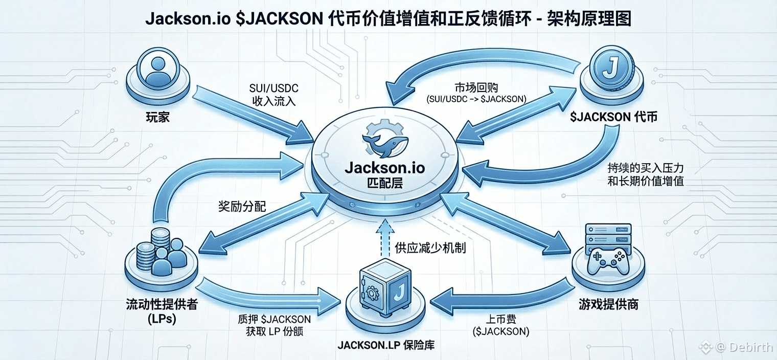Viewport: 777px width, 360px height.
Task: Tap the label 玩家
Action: coord(158,117)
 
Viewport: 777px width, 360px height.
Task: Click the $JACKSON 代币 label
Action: coord(613,117)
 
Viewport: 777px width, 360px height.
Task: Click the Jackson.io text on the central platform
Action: coord(385,168)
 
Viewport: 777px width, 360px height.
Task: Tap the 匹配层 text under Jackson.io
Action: coord(385,183)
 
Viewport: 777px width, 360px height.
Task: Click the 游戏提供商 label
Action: coord(608,304)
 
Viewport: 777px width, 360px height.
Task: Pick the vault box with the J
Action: coord(385,287)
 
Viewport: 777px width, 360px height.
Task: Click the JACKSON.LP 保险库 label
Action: coord(386,345)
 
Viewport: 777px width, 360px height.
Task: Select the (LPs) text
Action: coord(162,319)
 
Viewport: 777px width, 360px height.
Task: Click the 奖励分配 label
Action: coord(242,207)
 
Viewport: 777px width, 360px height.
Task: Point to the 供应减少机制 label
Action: coord(430,248)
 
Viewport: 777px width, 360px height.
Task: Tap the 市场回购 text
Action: coord(476,87)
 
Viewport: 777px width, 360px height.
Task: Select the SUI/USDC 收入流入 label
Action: coord(273,95)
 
